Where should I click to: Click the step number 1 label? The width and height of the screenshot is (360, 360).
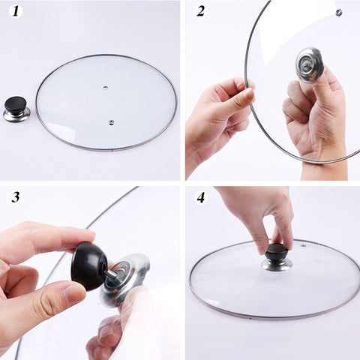[x=16, y=11]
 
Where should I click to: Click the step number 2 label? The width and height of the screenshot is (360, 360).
[x=201, y=11]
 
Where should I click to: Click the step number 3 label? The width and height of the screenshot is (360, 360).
[x=16, y=197]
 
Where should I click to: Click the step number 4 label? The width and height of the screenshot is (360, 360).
[x=201, y=198]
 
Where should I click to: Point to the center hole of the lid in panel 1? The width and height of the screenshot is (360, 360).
[x=106, y=88]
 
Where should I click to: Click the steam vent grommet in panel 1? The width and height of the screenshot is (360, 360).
[x=111, y=122]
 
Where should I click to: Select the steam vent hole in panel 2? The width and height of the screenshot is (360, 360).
[x=339, y=13]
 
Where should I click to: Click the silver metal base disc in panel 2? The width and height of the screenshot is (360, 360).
[x=309, y=64]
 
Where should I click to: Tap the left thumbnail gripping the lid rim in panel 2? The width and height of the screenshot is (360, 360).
[x=248, y=94]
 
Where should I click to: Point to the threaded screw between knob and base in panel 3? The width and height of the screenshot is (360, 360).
[x=110, y=275]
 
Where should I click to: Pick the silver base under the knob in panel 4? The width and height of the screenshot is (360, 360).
[x=277, y=265]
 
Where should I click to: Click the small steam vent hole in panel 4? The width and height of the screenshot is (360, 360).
[x=304, y=246]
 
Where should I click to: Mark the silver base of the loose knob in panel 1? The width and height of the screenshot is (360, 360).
[x=16, y=115]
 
